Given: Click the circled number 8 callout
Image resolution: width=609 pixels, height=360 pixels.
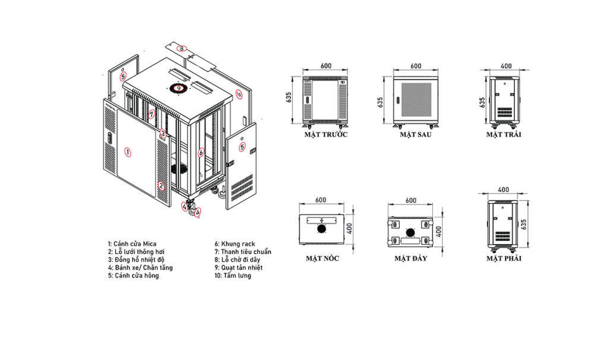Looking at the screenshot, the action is coord(181,49).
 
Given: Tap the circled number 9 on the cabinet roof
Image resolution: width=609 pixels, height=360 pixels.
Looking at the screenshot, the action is coord(178,88).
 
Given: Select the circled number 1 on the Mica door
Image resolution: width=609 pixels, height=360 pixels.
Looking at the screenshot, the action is coord(127,152).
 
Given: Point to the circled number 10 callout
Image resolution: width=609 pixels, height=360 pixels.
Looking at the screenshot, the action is coord(238,94).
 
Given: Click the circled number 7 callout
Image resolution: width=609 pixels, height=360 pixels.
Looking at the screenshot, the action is coord(152,114).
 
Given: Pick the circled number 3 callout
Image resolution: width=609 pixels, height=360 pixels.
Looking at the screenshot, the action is coord(163,134).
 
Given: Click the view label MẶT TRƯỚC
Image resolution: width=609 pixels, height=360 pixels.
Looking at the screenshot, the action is coord(326,134).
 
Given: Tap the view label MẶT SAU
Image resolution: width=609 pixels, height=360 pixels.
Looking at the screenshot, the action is coord(416,134).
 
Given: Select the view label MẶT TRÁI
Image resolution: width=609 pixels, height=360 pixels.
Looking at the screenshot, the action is coord(504,134).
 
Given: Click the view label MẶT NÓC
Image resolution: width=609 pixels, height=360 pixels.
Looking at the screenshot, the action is coord(322,258).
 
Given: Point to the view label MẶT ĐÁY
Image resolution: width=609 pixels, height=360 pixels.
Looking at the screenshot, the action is coord(411,258).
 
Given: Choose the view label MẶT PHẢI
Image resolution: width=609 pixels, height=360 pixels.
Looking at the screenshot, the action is coord(504,258).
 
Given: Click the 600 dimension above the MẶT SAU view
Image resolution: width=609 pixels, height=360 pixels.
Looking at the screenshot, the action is coord(416,66).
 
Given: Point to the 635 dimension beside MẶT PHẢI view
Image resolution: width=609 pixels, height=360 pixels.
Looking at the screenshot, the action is coord(523,224).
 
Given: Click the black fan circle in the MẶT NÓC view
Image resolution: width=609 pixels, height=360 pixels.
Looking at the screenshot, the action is coord(321,228).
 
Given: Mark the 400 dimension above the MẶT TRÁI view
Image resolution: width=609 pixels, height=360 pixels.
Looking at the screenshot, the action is coord(506,66).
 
